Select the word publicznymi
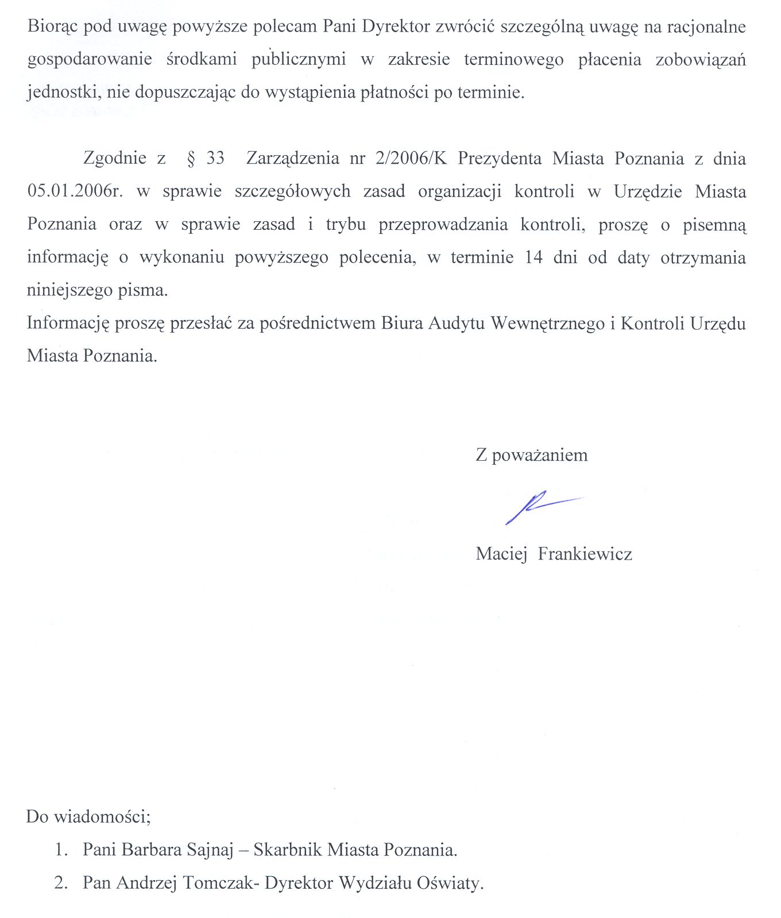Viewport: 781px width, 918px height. pyautogui.click(x=299, y=60)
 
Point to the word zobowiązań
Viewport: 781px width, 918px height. pyautogui.click(x=701, y=60)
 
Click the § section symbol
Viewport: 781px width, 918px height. pyautogui.click(x=191, y=159)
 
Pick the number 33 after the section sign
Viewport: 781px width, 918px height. pyautogui.click(x=215, y=159)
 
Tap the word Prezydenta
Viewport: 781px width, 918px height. pyautogui.click(x=500, y=159)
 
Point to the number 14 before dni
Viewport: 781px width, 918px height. pyautogui.click(x=533, y=257)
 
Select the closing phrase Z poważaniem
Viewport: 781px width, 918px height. pyautogui.click(x=531, y=456)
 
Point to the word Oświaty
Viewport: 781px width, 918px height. pyautogui.click(x=451, y=883)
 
